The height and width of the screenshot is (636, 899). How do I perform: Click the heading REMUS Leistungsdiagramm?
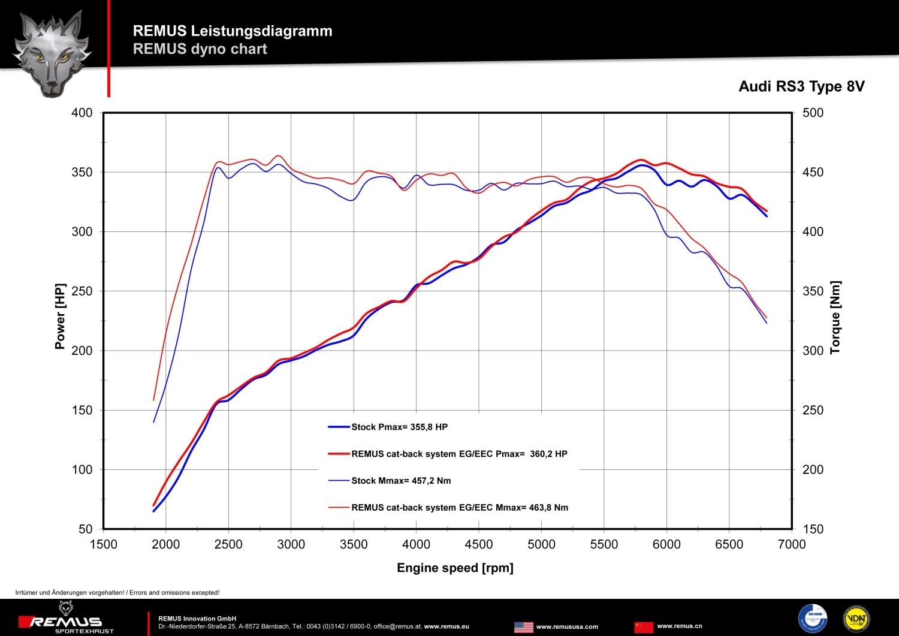point(233,31)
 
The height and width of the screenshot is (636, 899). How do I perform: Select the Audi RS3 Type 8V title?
point(801,87)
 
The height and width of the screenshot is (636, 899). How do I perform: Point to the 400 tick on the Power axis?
point(82,113)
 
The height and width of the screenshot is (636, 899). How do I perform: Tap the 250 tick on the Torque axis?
point(813,411)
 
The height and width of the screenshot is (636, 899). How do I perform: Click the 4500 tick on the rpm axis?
point(479,544)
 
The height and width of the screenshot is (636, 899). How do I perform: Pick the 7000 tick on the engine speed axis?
point(792,544)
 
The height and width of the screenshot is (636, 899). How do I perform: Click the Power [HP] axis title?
point(60,316)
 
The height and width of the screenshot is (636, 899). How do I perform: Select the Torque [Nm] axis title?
point(835,317)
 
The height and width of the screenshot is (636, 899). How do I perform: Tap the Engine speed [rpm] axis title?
point(455,568)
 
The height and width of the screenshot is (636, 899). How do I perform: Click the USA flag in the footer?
point(523,627)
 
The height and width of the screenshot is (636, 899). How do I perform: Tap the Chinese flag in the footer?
point(643,627)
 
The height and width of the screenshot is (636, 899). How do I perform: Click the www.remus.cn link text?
point(680,626)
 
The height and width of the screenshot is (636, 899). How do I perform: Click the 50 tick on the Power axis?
point(86,529)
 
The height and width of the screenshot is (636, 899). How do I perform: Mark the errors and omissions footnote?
point(117,593)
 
